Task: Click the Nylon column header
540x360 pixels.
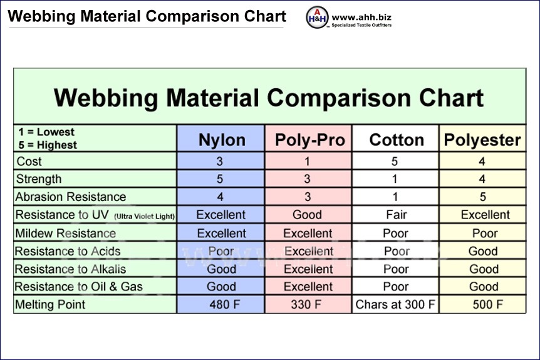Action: (222, 140)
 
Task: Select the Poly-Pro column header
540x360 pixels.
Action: (309, 140)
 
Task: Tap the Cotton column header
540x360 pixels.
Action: (397, 140)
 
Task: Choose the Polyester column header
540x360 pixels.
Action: (482, 140)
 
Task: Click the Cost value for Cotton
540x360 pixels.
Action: (395, 162)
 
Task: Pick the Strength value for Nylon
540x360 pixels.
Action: (220, 179)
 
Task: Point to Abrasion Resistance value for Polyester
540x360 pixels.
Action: (482, 197)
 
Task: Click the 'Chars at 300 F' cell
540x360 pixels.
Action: (396, 306)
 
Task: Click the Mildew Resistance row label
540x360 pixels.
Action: (66, 234)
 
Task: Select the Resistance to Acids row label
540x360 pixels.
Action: (68, 252)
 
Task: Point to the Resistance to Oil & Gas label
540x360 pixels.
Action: (79, 287)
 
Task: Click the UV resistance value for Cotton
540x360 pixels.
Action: (396, 215)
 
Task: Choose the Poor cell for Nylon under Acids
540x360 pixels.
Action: (221, 252)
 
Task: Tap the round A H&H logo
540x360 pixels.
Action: (316, 18)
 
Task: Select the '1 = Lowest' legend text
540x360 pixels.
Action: (46, 132)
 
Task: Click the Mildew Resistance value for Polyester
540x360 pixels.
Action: (485, 234)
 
